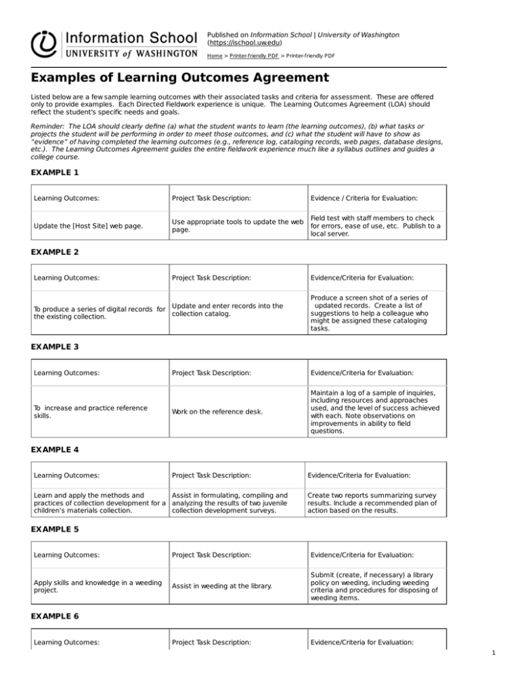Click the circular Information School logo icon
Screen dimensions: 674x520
(45, 43)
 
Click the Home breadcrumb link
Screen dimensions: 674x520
(217, 58)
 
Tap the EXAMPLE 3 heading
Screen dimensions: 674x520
(55, 346)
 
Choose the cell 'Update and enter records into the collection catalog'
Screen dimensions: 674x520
(227, 311)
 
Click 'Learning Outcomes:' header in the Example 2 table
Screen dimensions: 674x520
(66, 277)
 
